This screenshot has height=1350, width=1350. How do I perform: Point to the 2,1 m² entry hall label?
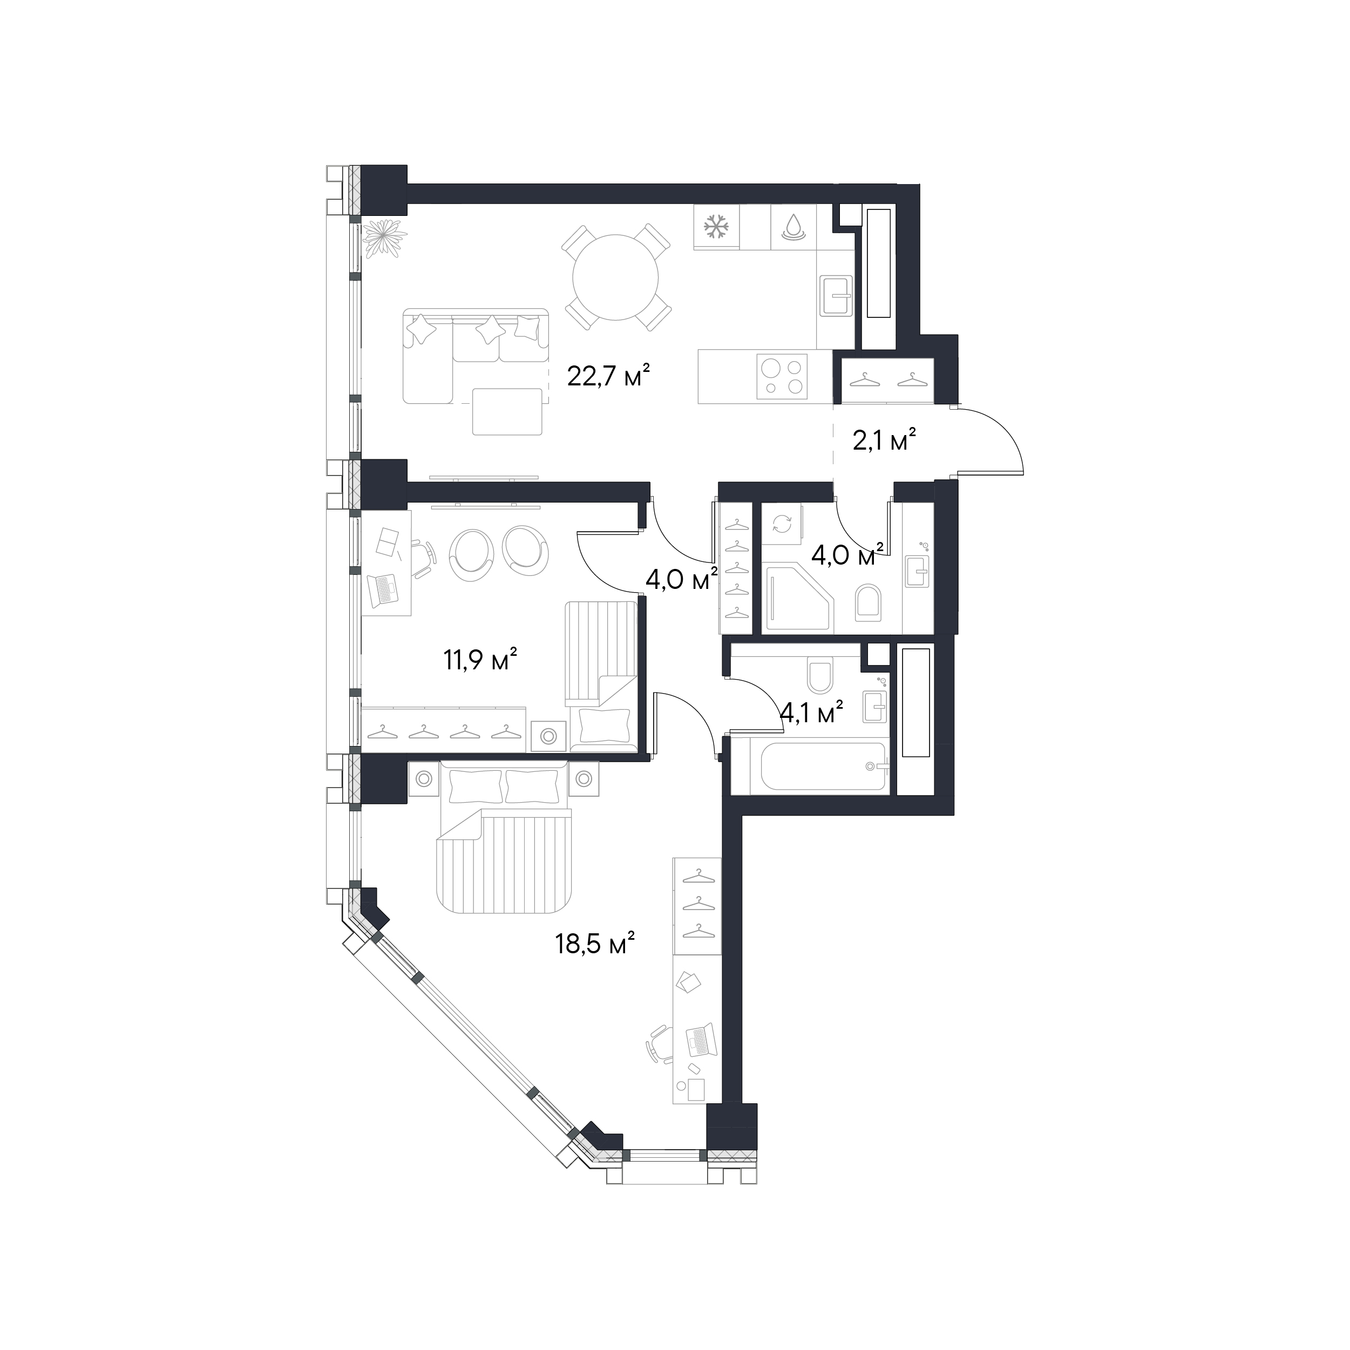tap(884, 440)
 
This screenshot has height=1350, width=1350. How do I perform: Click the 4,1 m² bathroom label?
tap(811, 713)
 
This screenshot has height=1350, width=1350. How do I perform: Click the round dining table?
tap(615, 277)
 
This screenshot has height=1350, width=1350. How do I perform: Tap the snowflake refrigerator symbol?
tap(716, 226)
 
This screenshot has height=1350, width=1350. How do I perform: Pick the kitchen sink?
tap(836, 296)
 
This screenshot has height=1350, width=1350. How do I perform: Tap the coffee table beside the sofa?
tap(507, 411)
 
